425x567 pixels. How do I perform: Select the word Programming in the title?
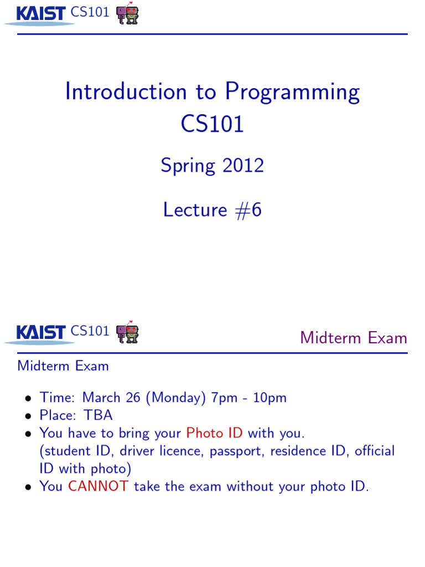point(292,92)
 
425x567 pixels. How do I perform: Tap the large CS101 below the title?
point(212,123)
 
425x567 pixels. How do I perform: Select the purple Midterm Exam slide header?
point(353,338)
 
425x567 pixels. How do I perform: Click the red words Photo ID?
point(215,432)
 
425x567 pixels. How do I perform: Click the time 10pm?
point(270,397)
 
